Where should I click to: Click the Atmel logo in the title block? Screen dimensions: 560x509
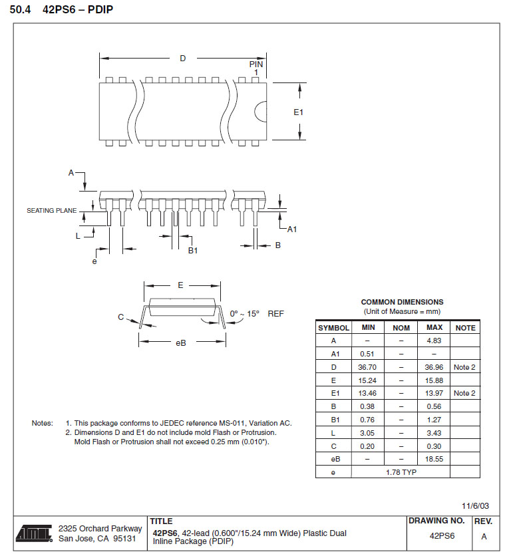34,533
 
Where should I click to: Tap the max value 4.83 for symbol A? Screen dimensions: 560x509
434,341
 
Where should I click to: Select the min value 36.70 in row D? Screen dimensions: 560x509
368,367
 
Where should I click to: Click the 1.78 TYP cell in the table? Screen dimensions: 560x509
401,472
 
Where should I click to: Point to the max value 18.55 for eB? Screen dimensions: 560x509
434,459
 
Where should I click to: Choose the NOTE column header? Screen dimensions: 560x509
465,328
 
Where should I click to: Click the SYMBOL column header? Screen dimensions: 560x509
333,328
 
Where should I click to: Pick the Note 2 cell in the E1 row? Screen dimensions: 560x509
465,393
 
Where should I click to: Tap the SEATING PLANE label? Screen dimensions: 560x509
51,211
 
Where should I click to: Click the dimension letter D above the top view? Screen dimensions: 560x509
183,59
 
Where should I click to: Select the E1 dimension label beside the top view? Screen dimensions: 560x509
299,112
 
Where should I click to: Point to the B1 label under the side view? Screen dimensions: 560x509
193,250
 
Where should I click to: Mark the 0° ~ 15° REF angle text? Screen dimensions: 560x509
257,313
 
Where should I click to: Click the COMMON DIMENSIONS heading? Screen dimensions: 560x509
402,302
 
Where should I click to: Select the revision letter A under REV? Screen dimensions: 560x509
484,537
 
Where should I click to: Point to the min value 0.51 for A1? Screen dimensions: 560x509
368,354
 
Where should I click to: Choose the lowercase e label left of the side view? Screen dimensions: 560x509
94,261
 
